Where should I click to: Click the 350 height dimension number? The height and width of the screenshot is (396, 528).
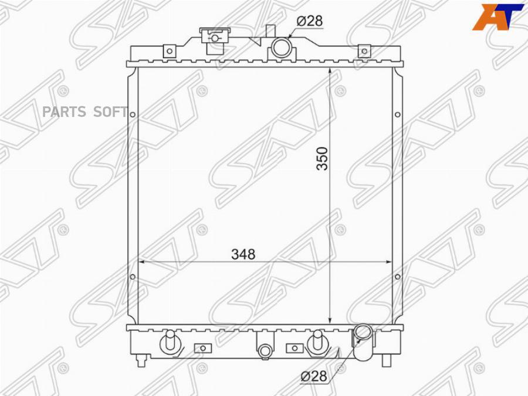pyautogui.click(x=323, y=158)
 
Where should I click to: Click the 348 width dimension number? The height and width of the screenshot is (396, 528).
pyautogui.click(x=243, y=254)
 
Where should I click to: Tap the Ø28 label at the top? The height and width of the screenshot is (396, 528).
pyautogui.click(x=309, y=21)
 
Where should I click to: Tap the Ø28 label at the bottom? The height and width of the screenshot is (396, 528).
pyautogui.click(x=313, y=376)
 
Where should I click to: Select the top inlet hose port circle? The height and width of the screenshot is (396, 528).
pyautogui.click(x=281, y=47)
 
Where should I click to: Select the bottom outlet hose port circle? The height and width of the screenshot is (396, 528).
pyautogui.click(x=363, y=333)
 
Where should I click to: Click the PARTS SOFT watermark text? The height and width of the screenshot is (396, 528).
pyautogui.click(x=85, y=112)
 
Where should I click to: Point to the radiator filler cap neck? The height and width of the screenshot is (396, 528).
pyautogui.click(x=215, y=40)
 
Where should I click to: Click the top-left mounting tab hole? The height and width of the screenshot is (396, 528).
pyautogui.click(x=170, y=51)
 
